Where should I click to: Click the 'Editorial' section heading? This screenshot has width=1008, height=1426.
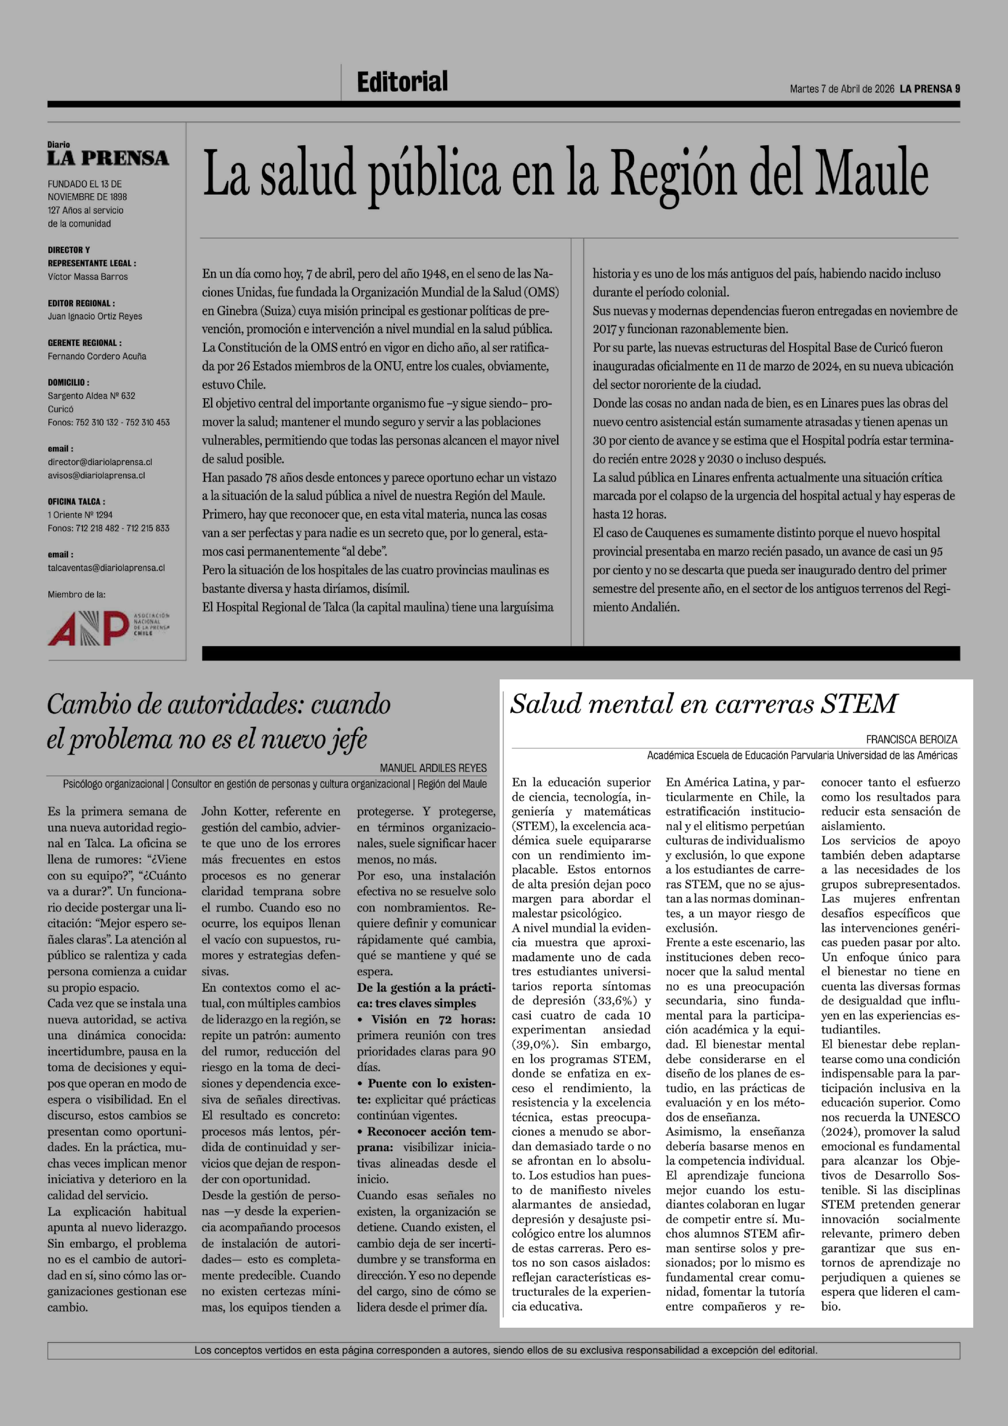[402, 82]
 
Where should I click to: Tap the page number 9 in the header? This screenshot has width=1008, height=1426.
[957, 89]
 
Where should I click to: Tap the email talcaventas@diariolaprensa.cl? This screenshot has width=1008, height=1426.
[106, 568]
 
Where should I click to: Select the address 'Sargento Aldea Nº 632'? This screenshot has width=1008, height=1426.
[91, 396]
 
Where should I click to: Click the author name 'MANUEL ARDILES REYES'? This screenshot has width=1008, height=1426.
[433, 768]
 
